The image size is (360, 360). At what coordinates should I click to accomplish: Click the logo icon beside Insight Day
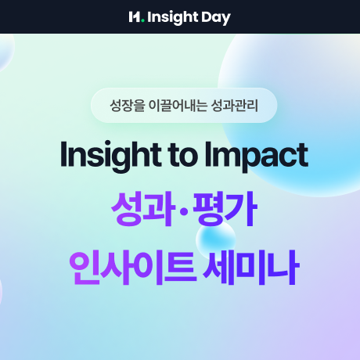point(136,16)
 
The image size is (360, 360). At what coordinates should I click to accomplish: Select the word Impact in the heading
point(254,155)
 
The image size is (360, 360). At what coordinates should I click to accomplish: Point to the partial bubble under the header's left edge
point(5,52)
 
